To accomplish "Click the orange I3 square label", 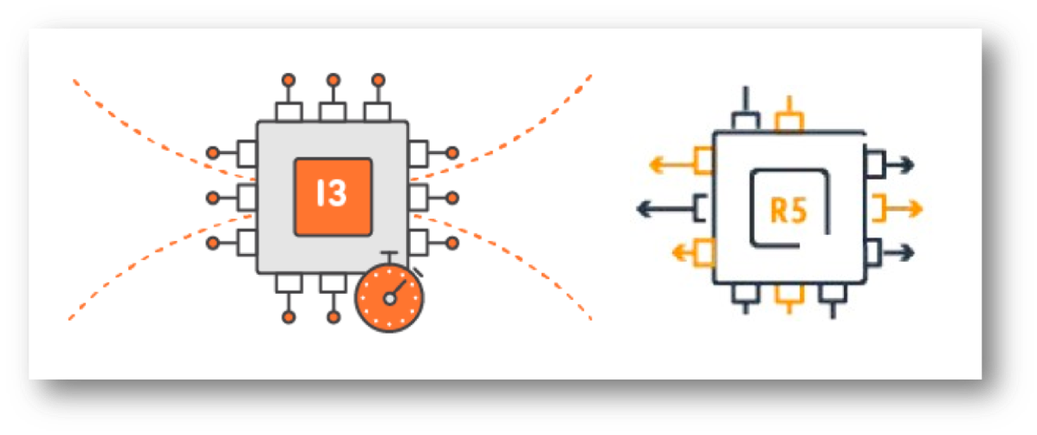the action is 333,196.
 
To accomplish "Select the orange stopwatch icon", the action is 390,297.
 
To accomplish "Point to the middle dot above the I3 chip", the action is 333,80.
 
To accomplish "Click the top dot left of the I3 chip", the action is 212,153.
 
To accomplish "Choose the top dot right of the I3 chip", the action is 452,153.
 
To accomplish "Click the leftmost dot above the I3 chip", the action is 288,80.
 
